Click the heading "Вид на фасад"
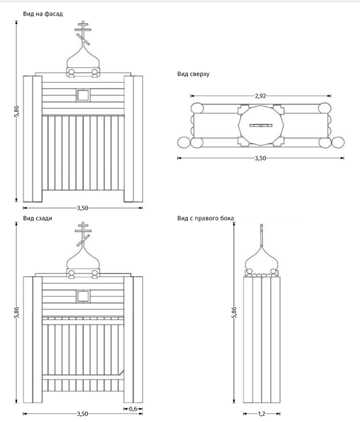43,14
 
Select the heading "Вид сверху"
193,74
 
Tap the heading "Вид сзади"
38,218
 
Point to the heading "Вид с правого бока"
206,218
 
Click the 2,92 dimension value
260,96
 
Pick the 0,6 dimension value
133,409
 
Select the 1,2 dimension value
261,414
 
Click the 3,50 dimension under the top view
260,158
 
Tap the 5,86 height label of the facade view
17,110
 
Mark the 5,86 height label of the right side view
234,312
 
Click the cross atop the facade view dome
83,33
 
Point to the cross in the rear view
83,234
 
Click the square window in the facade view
83,95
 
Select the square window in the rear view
83,296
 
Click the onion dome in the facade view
83,58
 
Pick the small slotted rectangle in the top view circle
261,126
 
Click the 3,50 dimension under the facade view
82,208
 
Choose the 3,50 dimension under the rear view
82,414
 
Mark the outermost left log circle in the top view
184,142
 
